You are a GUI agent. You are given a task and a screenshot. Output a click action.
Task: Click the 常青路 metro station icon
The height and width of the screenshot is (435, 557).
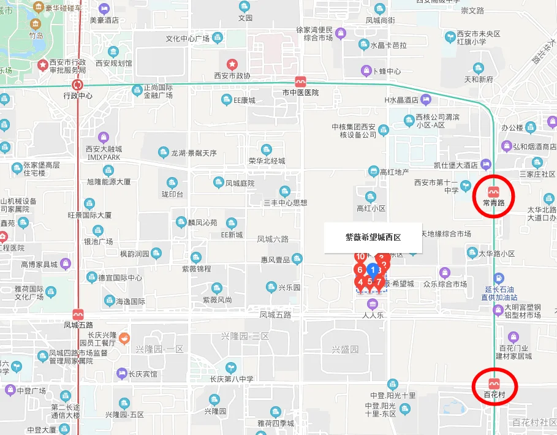tap(494, 187)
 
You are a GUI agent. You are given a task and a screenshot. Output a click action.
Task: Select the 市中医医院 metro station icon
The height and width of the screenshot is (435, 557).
tap(300, 81)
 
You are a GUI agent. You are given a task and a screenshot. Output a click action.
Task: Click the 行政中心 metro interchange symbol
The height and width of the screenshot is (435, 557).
tap(77, 85)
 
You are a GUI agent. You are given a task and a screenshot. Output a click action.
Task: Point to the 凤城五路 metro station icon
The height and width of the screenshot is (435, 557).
tap(78, 314)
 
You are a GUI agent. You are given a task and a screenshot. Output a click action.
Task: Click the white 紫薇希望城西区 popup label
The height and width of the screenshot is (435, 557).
tap(373, 237)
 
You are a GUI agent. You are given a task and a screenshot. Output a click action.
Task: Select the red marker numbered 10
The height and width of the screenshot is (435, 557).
tap(360, 257)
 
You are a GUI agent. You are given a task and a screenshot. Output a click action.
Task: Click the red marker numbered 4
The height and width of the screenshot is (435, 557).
tap(361, 282)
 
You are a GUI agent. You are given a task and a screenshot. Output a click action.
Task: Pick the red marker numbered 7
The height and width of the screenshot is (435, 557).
tap(379, 282)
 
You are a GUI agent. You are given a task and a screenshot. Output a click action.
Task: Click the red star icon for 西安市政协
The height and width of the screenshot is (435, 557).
tap(232, 64)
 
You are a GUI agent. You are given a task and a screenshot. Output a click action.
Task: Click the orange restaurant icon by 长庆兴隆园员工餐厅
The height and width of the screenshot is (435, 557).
tap(124, 337)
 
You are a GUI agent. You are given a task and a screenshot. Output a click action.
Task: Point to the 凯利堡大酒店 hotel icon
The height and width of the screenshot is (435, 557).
tap(486, 164)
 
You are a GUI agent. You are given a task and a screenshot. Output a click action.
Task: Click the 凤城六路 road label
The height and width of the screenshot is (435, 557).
tap(273, 239)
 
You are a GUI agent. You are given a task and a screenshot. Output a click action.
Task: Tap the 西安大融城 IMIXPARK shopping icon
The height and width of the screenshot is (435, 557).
tap(104, 136)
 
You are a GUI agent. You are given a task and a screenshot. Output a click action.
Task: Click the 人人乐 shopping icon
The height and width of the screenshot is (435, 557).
tap(372, 304)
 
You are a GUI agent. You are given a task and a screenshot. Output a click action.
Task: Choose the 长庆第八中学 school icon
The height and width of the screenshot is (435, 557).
tap(231, 367)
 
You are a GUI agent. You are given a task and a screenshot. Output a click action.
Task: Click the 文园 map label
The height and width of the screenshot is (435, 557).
tap(245, 18)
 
